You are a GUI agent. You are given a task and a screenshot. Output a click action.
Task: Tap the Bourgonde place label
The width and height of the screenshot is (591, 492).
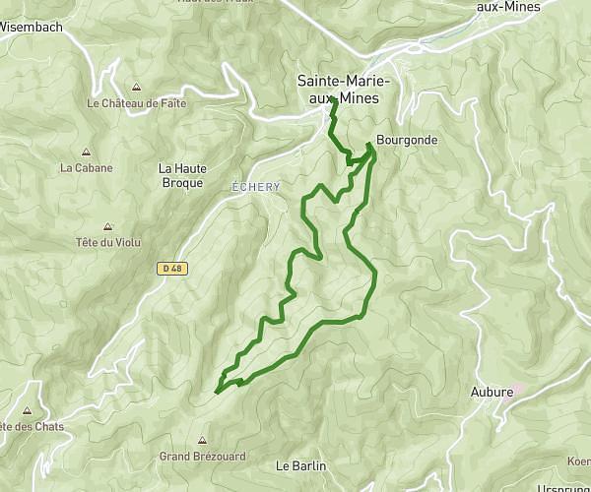(x=406, y=141)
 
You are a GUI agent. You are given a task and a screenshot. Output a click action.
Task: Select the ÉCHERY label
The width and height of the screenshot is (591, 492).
(x=256, y=187)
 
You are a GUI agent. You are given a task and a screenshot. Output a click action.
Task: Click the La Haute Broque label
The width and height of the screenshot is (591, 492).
(x=182, y=175)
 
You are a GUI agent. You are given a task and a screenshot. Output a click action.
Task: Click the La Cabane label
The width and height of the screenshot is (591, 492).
(x=87, y=167)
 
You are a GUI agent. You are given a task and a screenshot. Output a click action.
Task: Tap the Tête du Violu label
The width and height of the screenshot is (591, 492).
(x=107, y=242)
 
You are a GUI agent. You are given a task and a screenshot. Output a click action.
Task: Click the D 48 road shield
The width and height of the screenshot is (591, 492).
(x=171, y=268)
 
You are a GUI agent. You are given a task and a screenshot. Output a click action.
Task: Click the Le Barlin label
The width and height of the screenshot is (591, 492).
(x=300, y=465)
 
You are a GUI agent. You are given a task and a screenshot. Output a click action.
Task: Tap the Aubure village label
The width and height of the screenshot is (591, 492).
(x=492, y=392)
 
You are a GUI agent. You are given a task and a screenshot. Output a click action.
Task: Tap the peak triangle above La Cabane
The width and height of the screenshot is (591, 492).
(x=87, y=153)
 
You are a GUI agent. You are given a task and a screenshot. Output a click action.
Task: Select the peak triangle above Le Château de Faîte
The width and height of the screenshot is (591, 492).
(x=135, y=87)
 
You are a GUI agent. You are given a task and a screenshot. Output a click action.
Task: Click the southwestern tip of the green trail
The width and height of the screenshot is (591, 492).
(x=216, y=391)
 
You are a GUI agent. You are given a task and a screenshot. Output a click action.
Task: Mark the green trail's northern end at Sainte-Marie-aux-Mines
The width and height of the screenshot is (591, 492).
(x=334, y=100)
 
